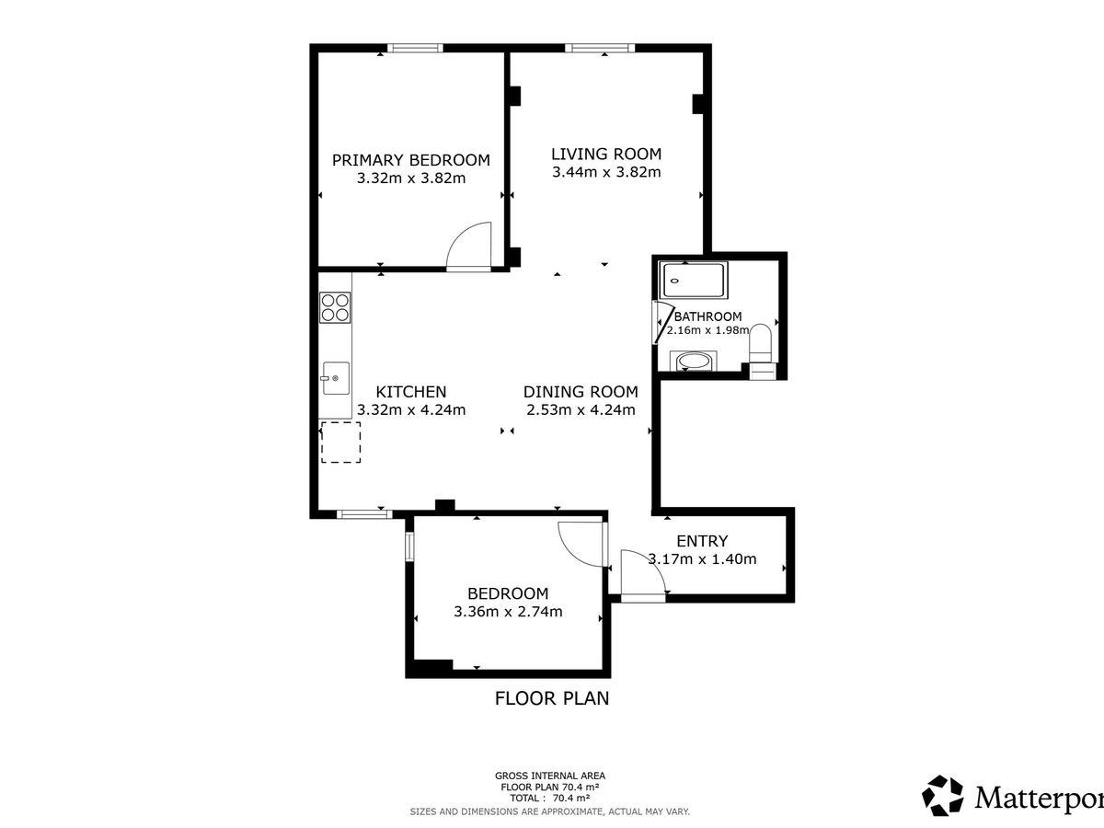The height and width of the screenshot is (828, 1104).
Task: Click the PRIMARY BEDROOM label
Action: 411,160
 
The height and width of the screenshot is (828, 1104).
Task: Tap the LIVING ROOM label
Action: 606,154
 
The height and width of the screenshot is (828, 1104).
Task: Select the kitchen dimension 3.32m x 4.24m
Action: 411,409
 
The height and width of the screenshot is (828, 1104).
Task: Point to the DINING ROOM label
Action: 581,392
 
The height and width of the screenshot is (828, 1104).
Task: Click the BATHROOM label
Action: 707,316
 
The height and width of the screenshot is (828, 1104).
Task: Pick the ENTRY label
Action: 702,541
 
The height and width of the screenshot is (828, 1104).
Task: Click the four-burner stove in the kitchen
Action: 335,307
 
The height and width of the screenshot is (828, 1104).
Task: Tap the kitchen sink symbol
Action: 336,378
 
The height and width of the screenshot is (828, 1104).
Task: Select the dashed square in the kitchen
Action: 341,442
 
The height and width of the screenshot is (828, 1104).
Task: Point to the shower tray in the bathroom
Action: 694,280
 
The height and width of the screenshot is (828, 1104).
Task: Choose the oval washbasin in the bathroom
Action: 693,361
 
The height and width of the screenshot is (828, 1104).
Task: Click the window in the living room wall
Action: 600,48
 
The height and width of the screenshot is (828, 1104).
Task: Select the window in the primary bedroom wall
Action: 415,48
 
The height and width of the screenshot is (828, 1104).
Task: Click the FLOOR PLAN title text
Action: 552,698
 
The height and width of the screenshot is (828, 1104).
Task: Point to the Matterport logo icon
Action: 943,797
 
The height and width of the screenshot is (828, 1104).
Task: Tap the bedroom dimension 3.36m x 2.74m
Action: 508,611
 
